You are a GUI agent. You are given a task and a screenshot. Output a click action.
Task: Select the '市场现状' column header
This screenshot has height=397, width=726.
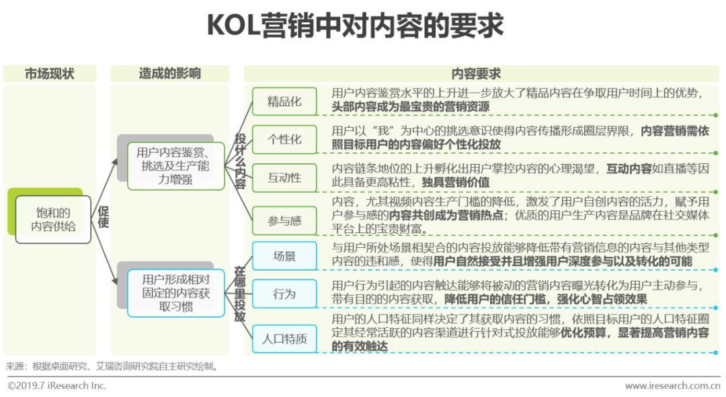[x=50, y=74]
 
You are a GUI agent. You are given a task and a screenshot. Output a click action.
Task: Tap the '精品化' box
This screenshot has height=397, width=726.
[x=284, y=102]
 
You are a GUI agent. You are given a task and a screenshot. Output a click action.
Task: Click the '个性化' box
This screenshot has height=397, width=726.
[x=284, y=140]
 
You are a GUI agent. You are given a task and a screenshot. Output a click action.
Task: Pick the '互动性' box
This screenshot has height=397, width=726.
[x=284, y=178]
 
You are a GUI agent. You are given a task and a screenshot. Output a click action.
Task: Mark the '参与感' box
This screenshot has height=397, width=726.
[x=284, y=220]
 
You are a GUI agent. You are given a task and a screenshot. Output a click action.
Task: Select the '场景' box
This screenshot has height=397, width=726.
[x=284, y=256]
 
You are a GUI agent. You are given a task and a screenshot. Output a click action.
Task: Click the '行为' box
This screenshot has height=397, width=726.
[x=284, y=294]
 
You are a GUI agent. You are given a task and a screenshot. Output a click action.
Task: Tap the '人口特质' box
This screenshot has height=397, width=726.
[x=284, y=339]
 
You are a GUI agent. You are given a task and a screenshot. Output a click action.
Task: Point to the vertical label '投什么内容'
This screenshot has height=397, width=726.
[x=240, y=161]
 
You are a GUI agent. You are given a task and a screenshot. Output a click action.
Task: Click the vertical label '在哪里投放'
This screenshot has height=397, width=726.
[x=240, y=294]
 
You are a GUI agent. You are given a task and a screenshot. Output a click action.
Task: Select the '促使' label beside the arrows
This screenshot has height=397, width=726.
[x=104, y=216]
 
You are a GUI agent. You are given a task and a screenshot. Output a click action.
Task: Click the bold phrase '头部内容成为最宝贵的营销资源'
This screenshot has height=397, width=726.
[x=411, y=106]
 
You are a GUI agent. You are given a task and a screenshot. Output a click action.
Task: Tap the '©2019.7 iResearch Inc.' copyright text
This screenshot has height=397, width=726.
[x=57, y=386]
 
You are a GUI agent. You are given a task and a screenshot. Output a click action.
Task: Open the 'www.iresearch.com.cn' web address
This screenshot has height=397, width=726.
[x=672, y=386]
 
